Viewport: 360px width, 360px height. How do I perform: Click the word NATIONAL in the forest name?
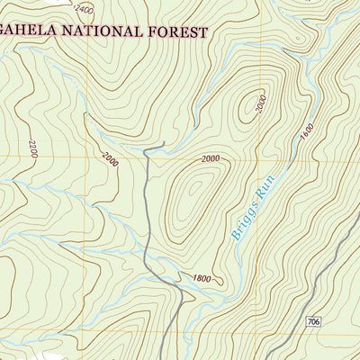point(94,31)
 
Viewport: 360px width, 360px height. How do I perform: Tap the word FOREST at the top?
point(176,31)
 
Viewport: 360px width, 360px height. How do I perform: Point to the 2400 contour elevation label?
point(84,9)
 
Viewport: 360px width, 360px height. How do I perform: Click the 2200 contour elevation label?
point(32,149)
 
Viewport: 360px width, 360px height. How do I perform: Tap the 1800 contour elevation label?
point(202,278)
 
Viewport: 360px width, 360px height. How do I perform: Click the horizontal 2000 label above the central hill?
point(211,159)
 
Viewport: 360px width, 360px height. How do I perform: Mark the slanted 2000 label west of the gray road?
point(109,160)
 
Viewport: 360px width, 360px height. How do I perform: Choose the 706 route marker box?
point(312,322)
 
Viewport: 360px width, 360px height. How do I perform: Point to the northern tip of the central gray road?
point(165,144)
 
